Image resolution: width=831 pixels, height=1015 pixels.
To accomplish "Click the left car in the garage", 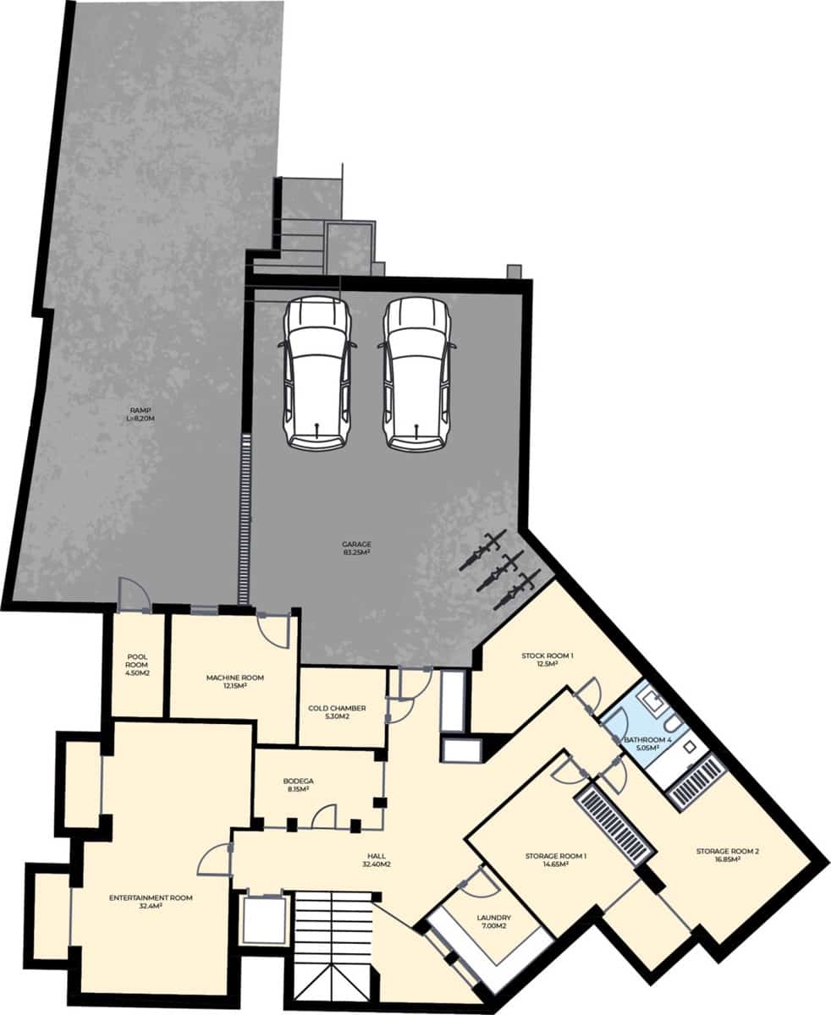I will coord(316,372).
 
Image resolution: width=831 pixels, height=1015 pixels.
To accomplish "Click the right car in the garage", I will coord(416,372).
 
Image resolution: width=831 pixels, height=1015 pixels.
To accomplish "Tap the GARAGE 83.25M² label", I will coord(358,548).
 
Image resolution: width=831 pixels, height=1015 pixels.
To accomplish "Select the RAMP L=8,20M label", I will coord(135,414).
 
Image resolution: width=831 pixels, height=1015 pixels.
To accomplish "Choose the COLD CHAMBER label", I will coord(337,712).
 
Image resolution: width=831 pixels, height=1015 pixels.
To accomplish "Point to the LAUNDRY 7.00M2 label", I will coord(493,921).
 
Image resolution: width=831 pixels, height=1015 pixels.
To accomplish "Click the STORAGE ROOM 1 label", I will coord(556,860).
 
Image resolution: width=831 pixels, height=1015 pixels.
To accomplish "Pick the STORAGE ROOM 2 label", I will coord(727,855).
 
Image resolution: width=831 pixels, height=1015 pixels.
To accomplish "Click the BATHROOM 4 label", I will coord(647,743).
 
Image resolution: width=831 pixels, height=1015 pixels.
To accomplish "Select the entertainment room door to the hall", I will coord(217,859).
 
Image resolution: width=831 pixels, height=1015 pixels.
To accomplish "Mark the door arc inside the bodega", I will coord(323,817).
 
